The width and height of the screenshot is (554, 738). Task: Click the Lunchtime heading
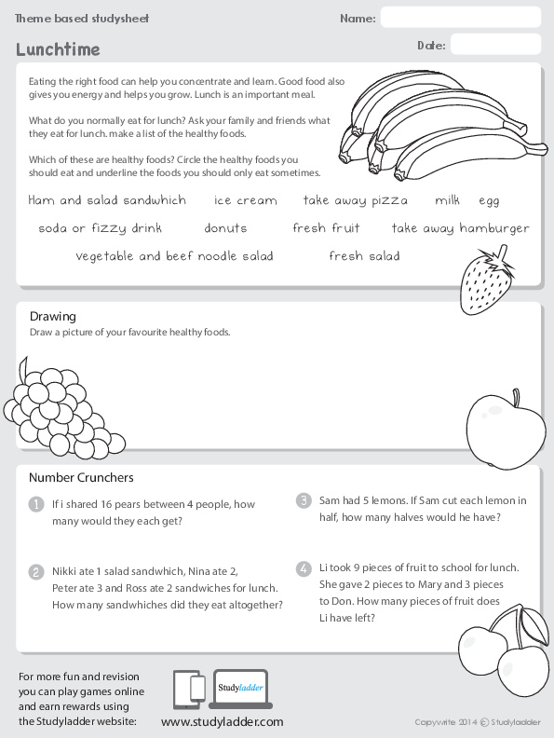pyautogui.click(x=58, y=49)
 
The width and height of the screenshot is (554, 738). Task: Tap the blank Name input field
pyautogui.click(x=460, y=18)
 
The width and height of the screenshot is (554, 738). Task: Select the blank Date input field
pyautogui.click(x=494, y=45)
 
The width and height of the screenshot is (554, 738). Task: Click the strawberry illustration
pyautogui.click(x=486, y=275)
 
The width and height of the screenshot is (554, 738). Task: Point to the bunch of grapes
pyautogui.click(x=55, y=403)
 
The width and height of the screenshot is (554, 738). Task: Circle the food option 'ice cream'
pyautogui.click(x=246, y=200)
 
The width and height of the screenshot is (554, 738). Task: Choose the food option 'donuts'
pyautogui.click(x=225, y=228)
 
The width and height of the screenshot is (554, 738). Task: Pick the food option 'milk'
pyautogui.click(x=447, y=200)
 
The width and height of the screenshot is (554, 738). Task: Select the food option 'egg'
pyautogui.click(x=489, y=201)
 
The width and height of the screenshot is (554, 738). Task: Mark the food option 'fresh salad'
pyautogui.click(x=364, y=256)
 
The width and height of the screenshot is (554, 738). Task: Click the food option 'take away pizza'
pyautogui.click(x=356, y=200)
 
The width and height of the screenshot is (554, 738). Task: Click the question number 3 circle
pyautogui.click(x=304, y=500)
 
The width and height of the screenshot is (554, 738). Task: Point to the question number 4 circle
pyautogui.click(x=304, y=567)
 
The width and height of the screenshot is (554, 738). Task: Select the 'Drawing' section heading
pyautogui.click(x=52, y=317)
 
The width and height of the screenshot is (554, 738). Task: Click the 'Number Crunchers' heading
pyautogui.click(x=81, y=478)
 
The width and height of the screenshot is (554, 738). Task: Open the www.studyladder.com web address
pyautogui.click(x=222, y=722)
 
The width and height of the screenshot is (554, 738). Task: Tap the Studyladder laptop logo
pyautogui.click(x=240, y=690)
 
